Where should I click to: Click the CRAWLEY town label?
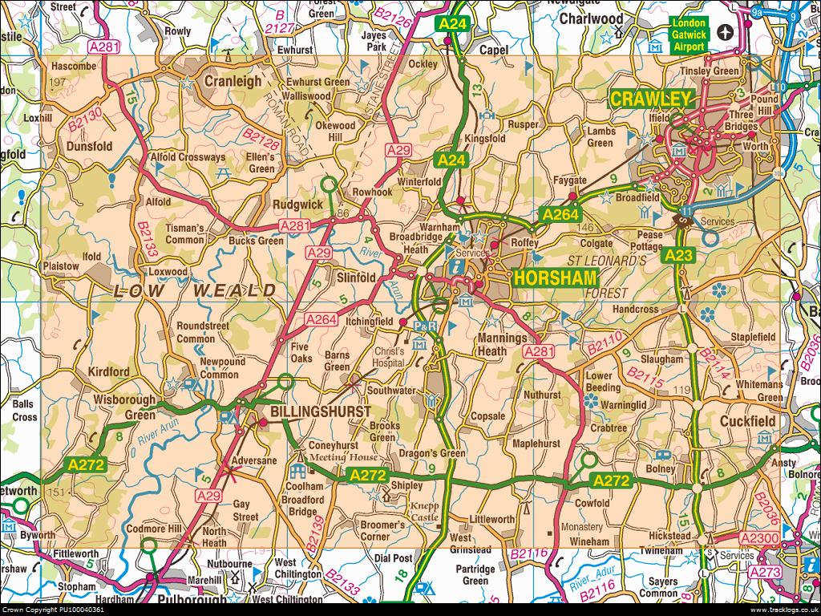coord(650,99)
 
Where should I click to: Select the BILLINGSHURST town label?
coord(321,411)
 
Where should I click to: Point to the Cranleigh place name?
coord(233,81)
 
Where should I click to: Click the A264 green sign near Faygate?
coord(560,214)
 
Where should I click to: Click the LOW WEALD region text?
coord(196,290)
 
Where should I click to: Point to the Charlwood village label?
coord(591,18)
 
